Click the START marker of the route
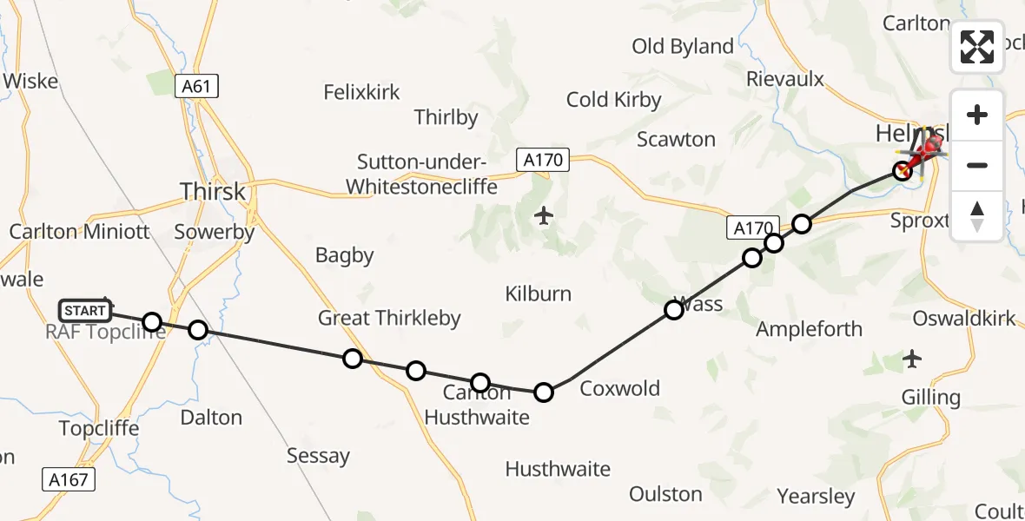[85, 310]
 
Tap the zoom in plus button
[977, 115]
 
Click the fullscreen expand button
[977, 47]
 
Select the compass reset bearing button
[977, 214]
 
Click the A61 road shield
[195, 86]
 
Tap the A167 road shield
[68, 479]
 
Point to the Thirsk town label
[212, 191]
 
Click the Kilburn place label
[539, 293]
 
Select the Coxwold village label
[619, 388]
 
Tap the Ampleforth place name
[809, 329]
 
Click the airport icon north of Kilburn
[544, 214]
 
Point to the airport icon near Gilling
[912, 357]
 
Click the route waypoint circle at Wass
[673, 309]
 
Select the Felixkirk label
[361, 92]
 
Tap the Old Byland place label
[683, 47]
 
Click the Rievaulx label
[784, 79]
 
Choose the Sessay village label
[318, 455]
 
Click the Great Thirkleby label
[389, 318]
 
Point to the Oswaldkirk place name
[963, 319]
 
